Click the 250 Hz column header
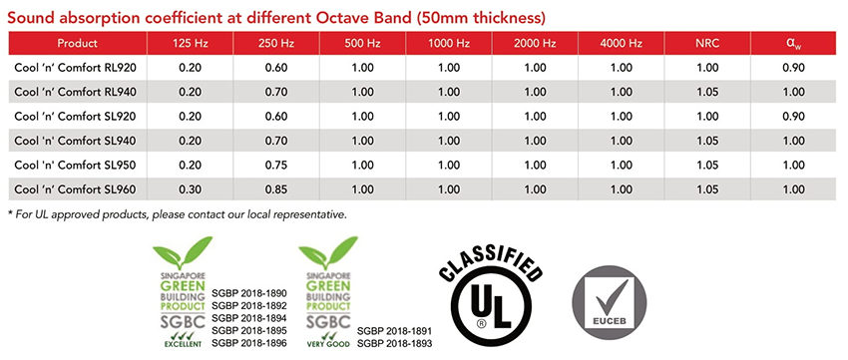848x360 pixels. (x=275, y=44)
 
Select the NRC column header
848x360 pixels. (x=708, y=44)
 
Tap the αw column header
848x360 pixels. (x=793, y=44)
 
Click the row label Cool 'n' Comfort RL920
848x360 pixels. (x=75, y=68)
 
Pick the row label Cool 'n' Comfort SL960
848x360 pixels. (x=75, y=189)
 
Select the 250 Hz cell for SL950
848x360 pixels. (x=275, y=165)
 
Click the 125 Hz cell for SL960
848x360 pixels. (x=190, y=189)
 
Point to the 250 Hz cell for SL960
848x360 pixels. (x=275, y=189)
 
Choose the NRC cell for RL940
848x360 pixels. (x=708, y=93)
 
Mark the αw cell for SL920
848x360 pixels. (x=794, y=117)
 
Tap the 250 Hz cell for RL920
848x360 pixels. (x=275, y=68)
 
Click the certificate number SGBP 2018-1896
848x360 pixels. (x=249, y=343)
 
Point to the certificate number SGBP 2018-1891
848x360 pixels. (x=395, y=331)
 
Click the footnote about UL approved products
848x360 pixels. (x=177, y=214)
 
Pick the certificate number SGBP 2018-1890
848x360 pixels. (x=249, y=293)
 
